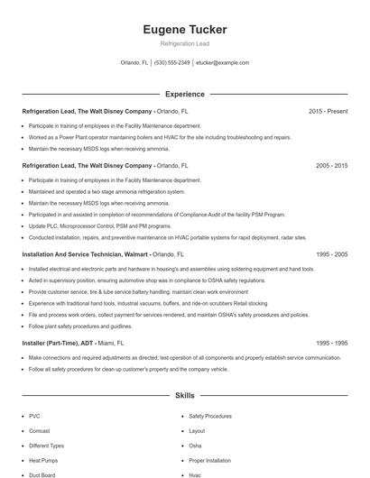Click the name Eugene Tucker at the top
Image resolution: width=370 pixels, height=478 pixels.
point(185,30)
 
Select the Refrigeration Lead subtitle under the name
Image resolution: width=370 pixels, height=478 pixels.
point(185,43)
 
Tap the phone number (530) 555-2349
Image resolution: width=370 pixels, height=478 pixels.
point(172,63)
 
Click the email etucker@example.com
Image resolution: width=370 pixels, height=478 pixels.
point(222,63)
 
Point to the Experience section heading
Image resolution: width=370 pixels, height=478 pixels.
point(185,94)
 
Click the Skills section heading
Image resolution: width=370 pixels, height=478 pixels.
point(185,395)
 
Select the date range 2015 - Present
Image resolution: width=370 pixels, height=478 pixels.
point(328,112)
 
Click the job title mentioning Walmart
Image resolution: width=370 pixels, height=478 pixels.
point(102,255)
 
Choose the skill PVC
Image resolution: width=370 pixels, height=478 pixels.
point(34,416)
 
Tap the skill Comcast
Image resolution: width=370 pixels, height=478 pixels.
point(40,431)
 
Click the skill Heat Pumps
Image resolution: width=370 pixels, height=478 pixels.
point(42,460)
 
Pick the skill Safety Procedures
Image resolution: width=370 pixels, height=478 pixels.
point(210,416)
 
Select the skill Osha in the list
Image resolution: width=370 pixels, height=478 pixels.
point(195,446)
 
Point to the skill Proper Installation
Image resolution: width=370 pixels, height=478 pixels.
point(210,460)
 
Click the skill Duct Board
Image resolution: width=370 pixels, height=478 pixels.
point(42,474)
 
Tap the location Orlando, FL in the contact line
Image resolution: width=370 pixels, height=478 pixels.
point(134,63)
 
